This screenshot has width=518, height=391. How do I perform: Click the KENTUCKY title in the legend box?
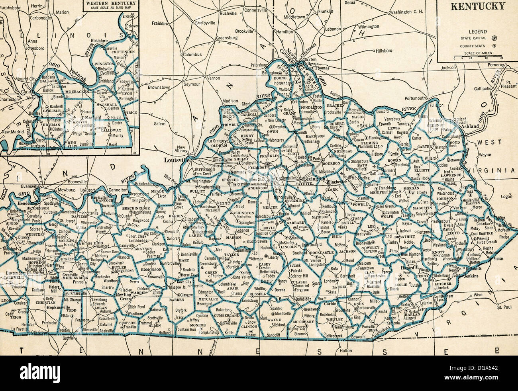pos(478,6)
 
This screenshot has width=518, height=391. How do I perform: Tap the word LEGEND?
pos(477,31)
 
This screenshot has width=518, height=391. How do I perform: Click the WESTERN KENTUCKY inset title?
pos(110,4)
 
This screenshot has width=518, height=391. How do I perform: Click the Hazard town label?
pos(406,268)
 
